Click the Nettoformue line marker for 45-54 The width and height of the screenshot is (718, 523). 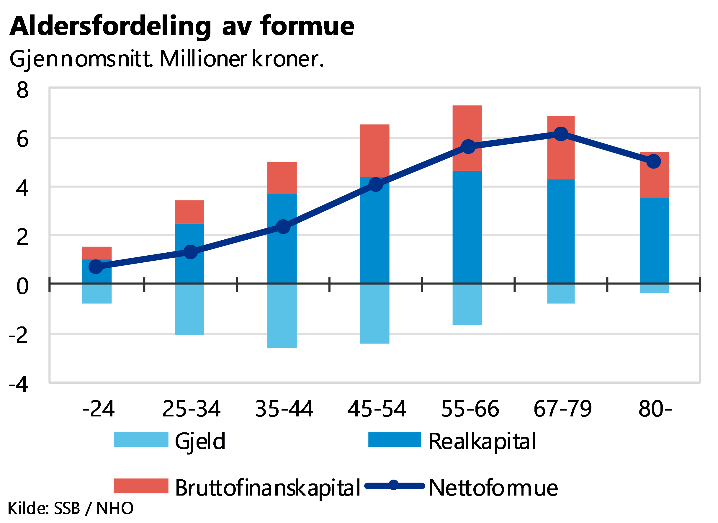(376, 184)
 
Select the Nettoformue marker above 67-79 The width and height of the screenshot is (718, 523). (561, 134)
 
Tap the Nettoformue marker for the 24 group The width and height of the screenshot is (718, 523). (96, 267)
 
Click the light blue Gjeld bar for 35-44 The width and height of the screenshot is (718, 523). (282, 332)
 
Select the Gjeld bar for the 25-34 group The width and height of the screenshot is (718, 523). (189, 309)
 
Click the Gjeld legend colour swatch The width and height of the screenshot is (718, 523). (141, 439)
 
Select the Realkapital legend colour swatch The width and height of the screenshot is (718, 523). (395, 439)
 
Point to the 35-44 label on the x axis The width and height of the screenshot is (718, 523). (284, 408)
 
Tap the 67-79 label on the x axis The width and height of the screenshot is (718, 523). (562, 408)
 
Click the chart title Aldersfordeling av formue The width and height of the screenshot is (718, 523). (182, 27)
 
